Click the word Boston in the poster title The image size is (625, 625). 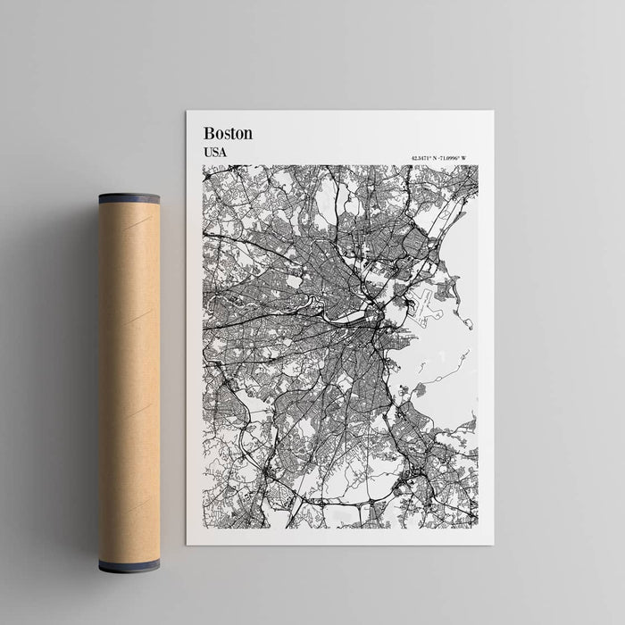pos(228,133)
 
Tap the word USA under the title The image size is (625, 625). pos(214,152)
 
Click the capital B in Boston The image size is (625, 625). pos(208,133)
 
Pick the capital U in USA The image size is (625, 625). pos(207,152)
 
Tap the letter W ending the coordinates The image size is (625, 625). pos(463,159)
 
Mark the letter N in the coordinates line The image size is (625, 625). pos(437,159)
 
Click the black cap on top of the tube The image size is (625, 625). pos(129,198)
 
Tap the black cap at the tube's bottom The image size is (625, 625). pos(129,565)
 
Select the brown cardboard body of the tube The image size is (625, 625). pos(129,375)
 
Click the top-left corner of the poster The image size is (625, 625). pos(187,112)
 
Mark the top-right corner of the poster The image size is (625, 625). pos(493,112)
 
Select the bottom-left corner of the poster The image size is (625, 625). pos(187,544)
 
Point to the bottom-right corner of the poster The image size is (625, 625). pos(493,544)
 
